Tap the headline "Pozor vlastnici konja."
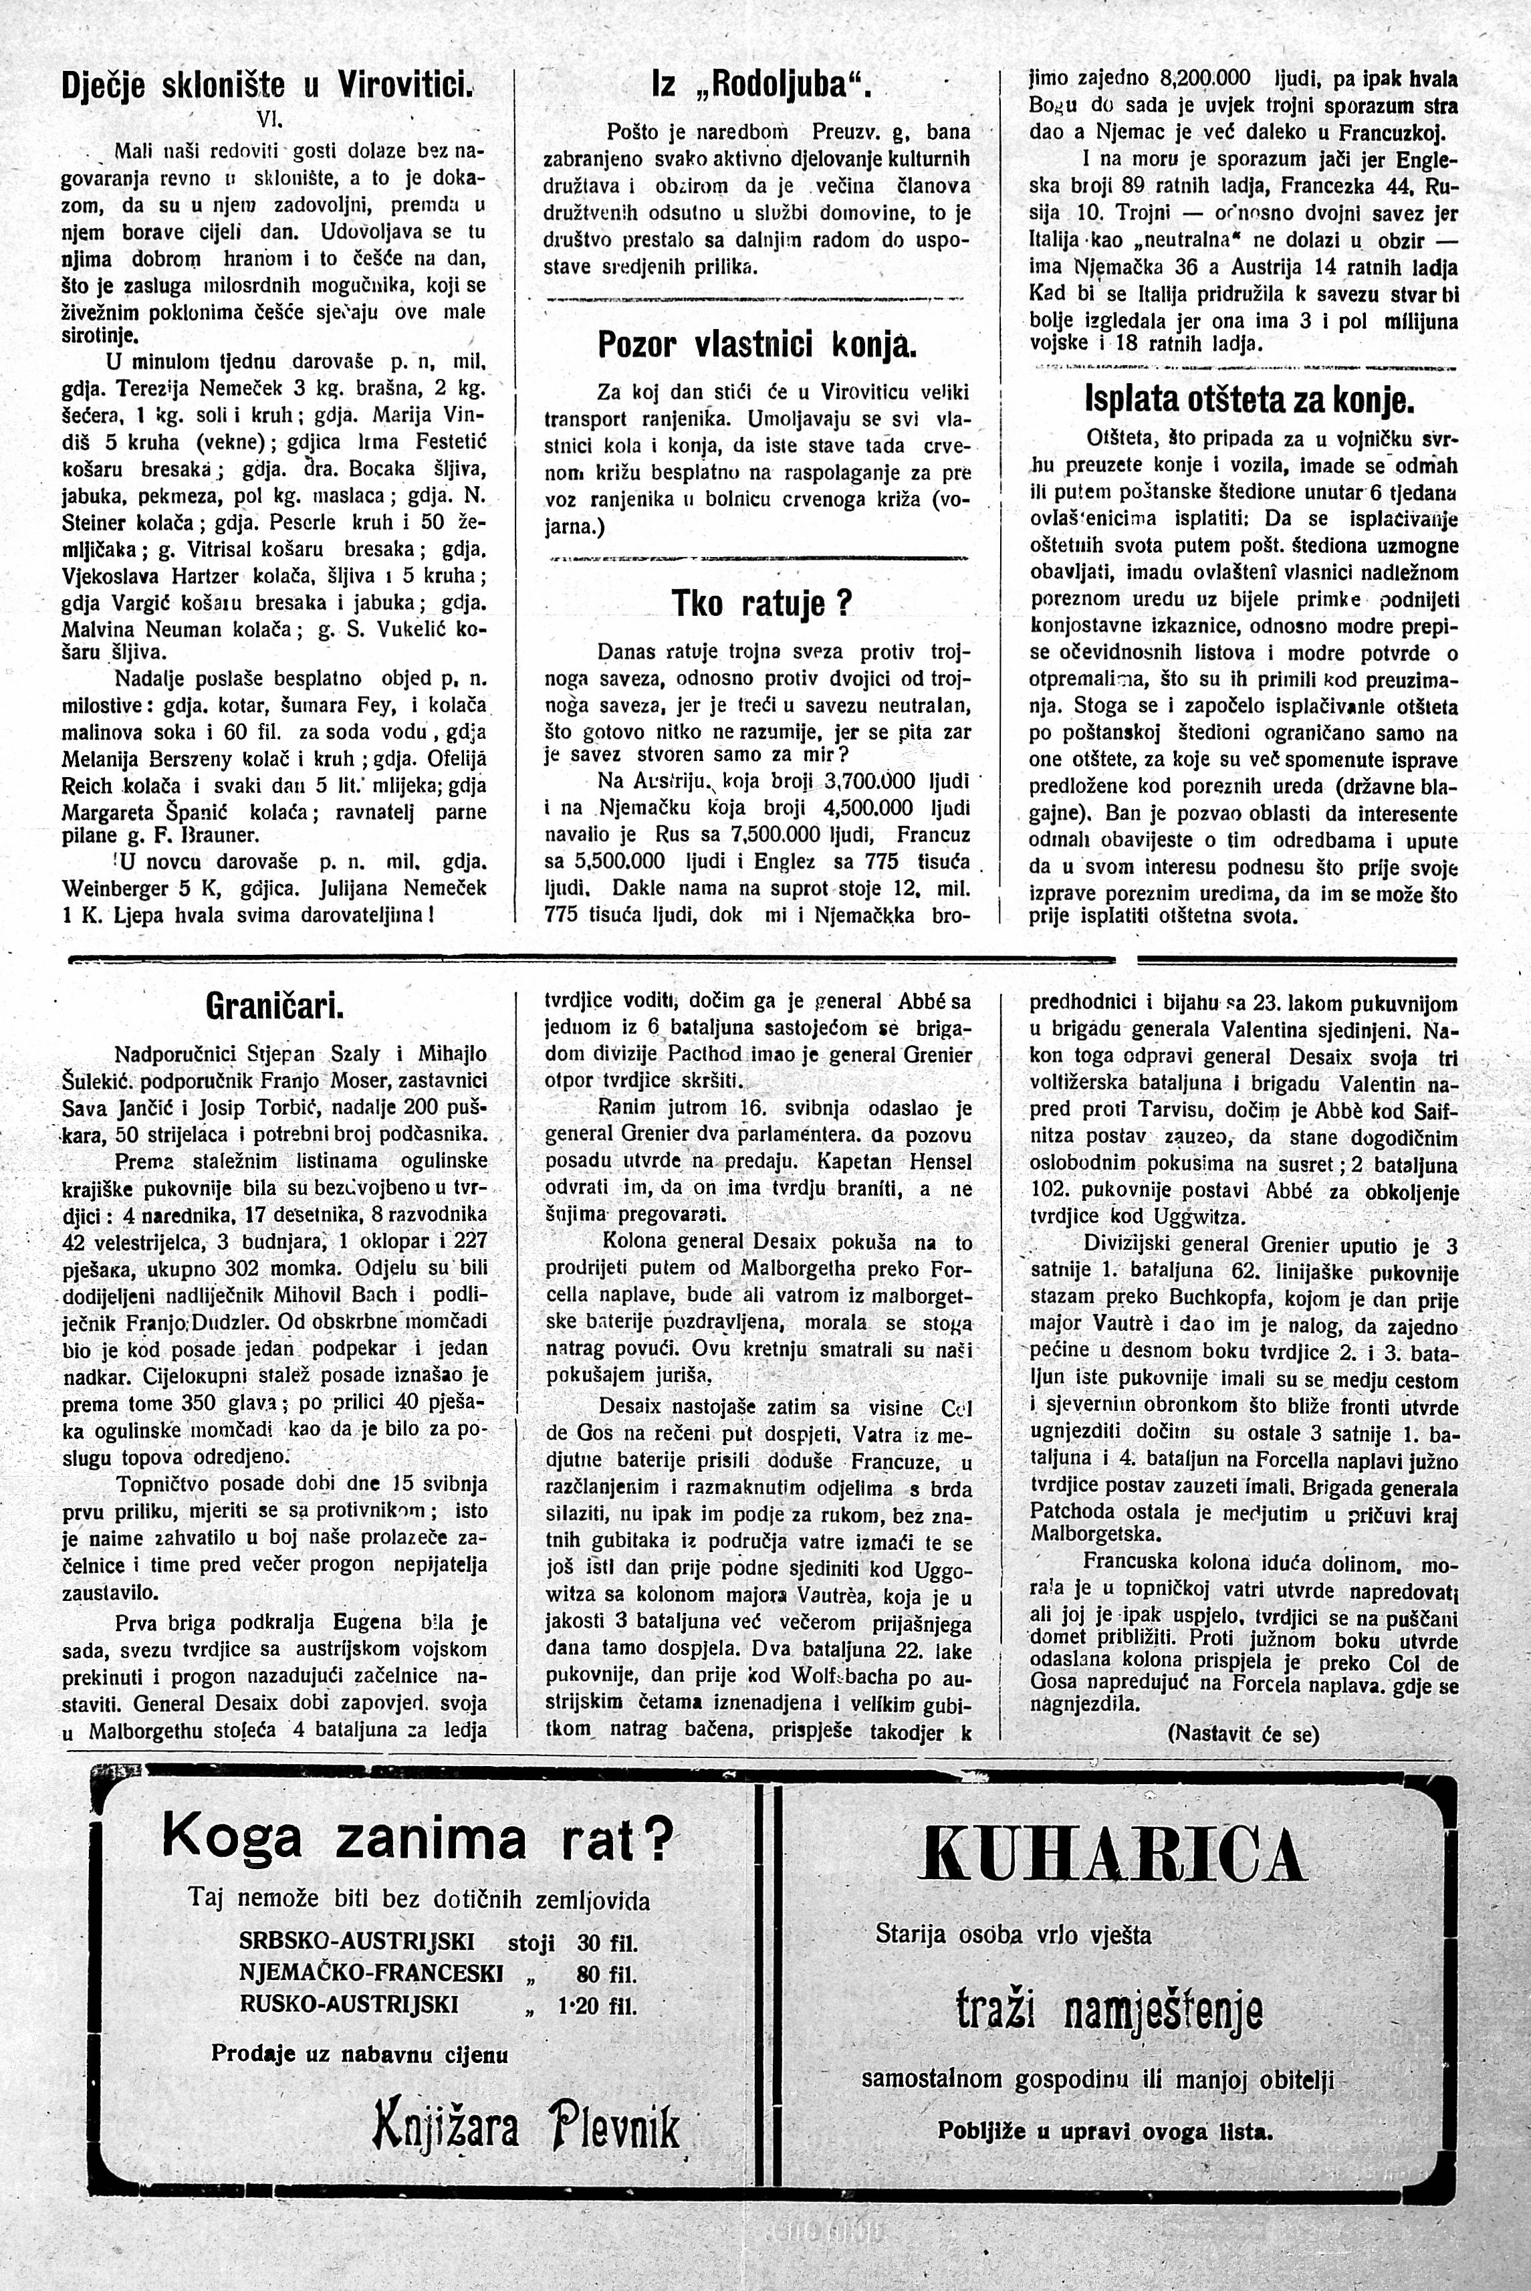click(x=757, y=345)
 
